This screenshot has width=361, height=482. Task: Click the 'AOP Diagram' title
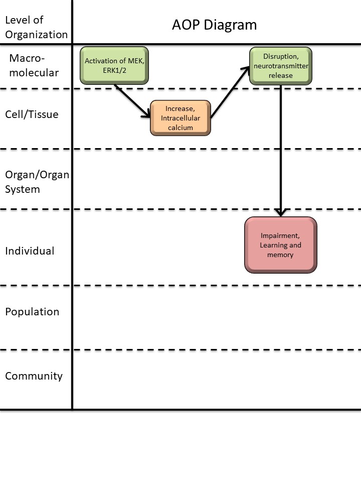[215, 25]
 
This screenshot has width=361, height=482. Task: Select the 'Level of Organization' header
[36, 27]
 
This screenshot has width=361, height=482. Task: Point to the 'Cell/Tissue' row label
[32, 114]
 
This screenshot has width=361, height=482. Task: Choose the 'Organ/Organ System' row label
[36, 182]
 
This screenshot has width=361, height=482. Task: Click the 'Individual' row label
[30, 251]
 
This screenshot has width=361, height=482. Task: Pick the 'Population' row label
[32, 312]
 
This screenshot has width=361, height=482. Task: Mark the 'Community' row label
[34, 376]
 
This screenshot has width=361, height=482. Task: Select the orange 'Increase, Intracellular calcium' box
[180, 118]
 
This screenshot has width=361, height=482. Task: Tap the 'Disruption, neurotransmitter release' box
[281, 66]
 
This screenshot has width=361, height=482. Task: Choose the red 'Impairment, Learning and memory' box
[281, 245]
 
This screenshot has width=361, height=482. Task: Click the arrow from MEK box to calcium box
[132, 100]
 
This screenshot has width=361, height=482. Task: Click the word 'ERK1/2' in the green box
[115, 70]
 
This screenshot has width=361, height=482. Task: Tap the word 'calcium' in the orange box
[180, 128]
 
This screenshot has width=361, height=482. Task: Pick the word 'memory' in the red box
[280, 255]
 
